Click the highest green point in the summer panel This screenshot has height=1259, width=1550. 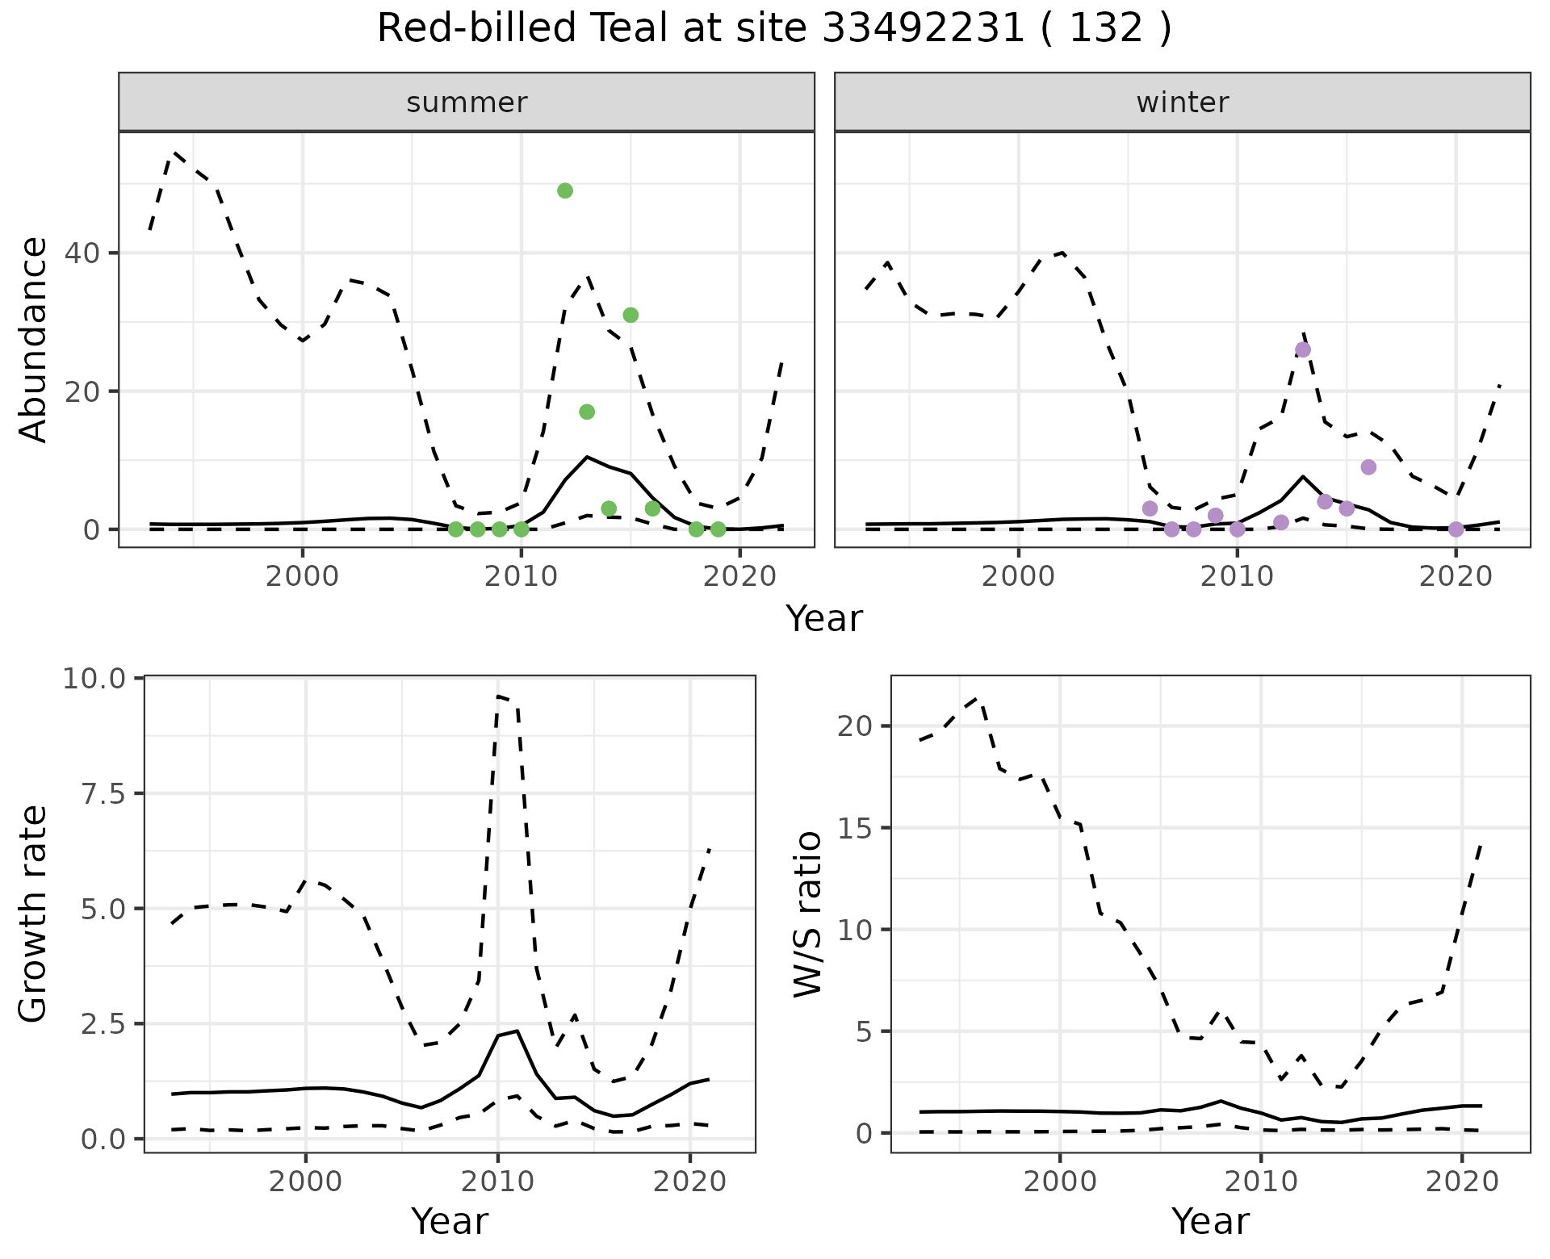coord(565,190)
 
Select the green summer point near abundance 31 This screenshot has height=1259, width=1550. coord(630,315)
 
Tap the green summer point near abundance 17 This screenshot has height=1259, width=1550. coord(587,412)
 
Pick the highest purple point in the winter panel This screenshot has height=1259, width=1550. coord(1303,349)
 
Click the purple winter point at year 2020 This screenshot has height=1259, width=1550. coord(1456,529)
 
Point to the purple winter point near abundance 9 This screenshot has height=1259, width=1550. coord(1368,467)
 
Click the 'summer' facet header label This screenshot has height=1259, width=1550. coord(467,102)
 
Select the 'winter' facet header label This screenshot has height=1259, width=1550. coord(1182,102)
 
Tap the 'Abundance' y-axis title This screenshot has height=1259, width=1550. coord(34,340)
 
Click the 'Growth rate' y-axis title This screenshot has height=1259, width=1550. coord(34,914)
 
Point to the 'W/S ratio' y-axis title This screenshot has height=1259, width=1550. coord(807,914)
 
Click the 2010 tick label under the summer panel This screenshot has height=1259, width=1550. coord(521,578)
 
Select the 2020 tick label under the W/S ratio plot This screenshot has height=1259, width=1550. coord(1462,1182)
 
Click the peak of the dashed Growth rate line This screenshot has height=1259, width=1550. coord(498,696)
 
